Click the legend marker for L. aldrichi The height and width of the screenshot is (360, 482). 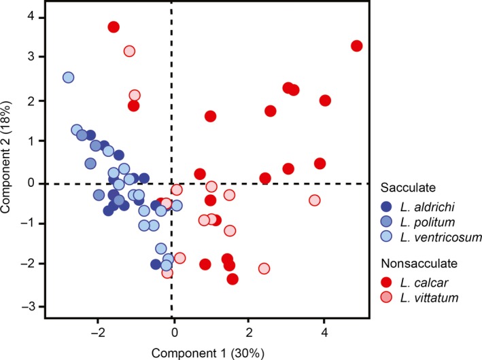point(390,205)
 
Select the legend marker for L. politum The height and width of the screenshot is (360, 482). point(390,221)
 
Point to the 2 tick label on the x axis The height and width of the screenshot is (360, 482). point(248,332)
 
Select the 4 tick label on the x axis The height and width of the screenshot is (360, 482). point(324,332)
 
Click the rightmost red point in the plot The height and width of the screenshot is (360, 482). point(357,46)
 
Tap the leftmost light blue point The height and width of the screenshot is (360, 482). point(68,78)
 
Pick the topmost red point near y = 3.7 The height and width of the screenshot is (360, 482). point(114,27)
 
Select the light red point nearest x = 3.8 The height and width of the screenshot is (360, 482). point(315,200)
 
